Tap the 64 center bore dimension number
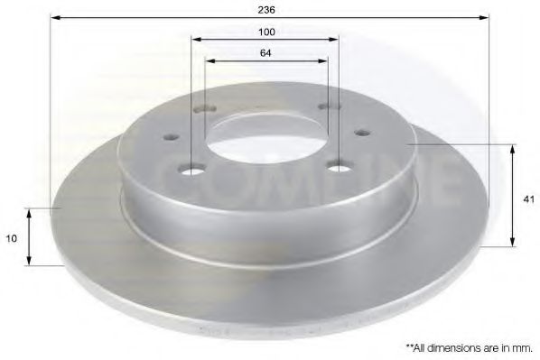[266, 52]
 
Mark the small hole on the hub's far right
[363, 133]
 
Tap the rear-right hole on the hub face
[323, 107]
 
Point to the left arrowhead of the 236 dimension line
[55, 17]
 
